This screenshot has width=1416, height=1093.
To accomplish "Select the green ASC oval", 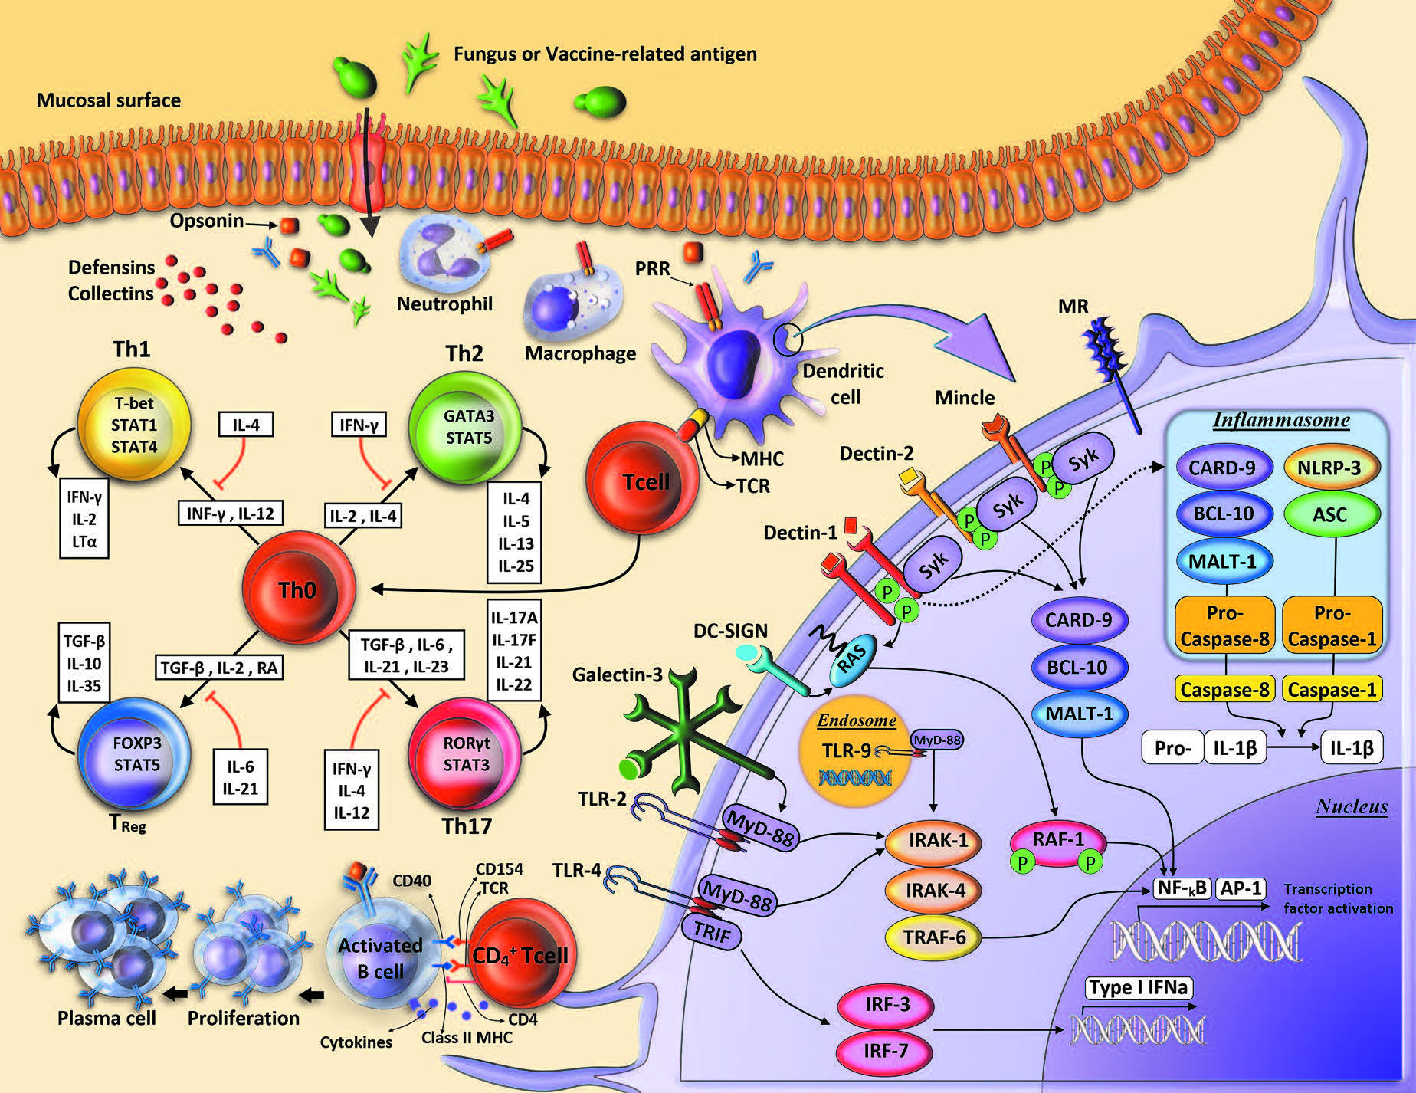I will click(1329, 514).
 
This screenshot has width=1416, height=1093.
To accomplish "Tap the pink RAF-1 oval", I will click(1058, 843).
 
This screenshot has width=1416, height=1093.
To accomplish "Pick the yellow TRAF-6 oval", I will click(935, 937).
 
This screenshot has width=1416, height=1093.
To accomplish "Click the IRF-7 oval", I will click(885, 1051).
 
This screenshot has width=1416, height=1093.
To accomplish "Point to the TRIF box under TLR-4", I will click(711, 931).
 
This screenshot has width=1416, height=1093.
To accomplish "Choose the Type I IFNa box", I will click(1138, 987).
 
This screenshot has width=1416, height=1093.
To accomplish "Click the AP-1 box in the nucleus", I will click(1241, 888).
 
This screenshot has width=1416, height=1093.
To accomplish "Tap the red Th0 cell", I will click(298, 589).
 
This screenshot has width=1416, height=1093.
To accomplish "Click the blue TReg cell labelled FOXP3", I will click(134, 753).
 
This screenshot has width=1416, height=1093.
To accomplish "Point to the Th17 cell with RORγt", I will click(465, 754).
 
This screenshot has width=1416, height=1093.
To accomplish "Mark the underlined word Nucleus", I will click(1352, 806).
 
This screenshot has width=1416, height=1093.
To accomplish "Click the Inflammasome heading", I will click(1281, 420).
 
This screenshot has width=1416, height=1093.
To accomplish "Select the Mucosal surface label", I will click(109, 100).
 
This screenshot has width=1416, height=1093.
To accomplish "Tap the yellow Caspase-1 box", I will click(1332, 690).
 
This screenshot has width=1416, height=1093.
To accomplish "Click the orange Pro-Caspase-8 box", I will click(1224, 625).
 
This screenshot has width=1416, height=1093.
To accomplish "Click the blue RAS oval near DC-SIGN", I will click(849, 659).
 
